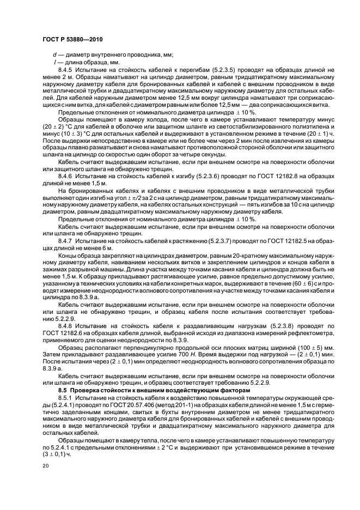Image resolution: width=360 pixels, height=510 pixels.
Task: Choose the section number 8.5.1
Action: tap(72, 399)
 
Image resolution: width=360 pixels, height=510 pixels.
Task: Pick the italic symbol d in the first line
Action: tap(54, 55)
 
